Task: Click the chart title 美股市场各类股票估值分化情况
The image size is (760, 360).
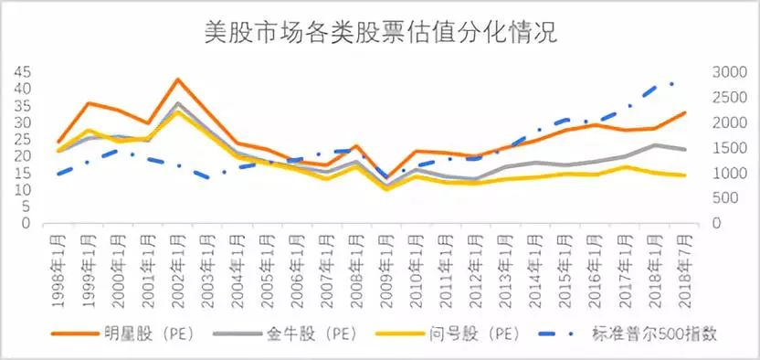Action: [x=381, y=35]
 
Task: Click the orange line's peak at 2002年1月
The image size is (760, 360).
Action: [x=178, y=79]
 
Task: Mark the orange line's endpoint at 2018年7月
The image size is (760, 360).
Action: [x=685, y=112]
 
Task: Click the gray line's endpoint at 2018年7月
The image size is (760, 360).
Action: [x=685, y=149]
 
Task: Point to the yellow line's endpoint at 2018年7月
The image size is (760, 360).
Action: [x=685, y=175]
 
